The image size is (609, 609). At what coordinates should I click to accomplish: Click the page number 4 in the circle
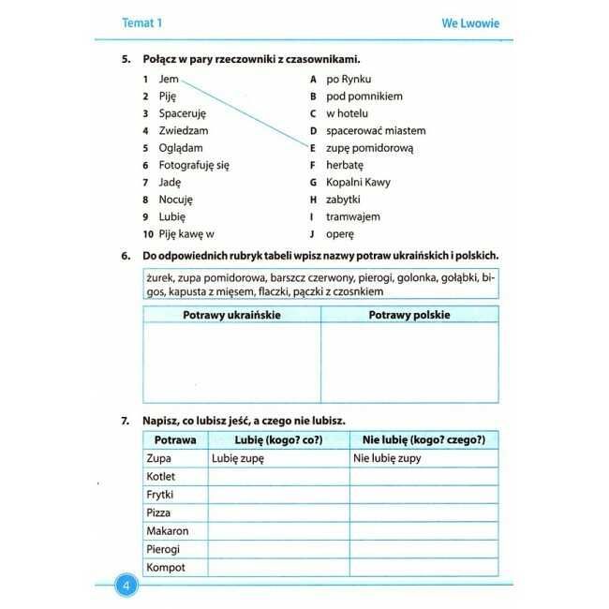click(x=126, y=587)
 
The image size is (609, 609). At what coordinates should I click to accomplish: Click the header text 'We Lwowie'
click(x=470, y=22)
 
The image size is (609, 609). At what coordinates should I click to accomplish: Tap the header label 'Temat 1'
click(x=142, y=22)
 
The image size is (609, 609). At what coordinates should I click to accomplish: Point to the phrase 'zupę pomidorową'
click(x=369, y=148)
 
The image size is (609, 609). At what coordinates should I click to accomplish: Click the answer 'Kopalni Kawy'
click(x=358, y=183)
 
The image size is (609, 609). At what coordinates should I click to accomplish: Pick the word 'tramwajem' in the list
click(x=353, y=216)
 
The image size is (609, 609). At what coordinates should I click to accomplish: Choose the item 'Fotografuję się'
click(x=194, y=165)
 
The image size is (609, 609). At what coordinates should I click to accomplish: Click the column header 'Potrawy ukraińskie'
click(x=231, y=315)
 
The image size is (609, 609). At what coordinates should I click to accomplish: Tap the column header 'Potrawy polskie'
click(x=408, y=315)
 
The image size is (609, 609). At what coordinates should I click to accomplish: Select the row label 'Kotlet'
click(x=161, y=476)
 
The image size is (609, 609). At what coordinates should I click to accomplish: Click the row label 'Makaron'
click(x=168, y=531)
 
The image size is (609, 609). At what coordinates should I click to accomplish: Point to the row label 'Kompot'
click(x=166, y=568)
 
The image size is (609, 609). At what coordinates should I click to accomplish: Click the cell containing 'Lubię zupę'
click(x=238, y=458)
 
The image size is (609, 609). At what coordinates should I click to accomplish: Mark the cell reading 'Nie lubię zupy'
click(x=387, y=458)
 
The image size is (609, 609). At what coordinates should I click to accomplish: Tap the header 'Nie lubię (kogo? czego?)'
click(x=423, y=439)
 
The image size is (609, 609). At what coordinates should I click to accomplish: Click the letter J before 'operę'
click(x=313, y=234)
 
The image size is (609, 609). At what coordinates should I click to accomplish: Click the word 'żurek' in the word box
click(x=161, y=278)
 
